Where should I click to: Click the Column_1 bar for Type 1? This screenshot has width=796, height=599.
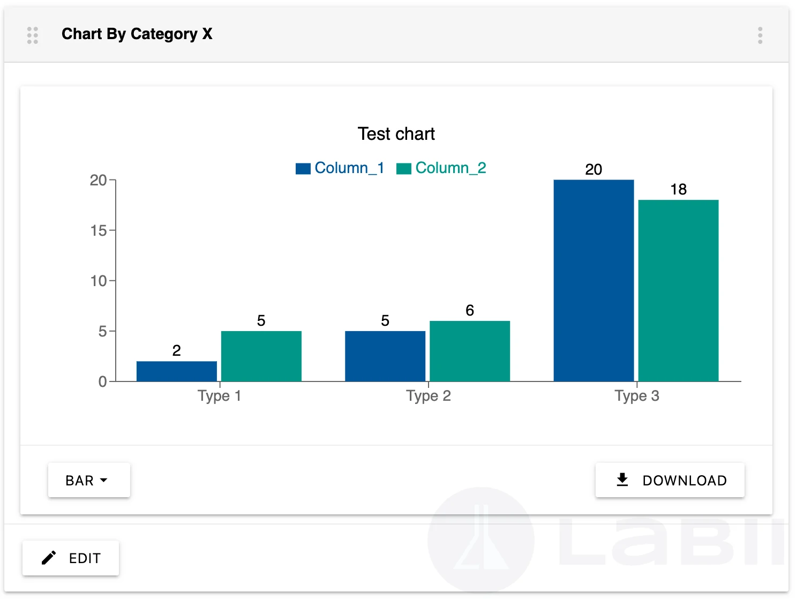pos(176,371)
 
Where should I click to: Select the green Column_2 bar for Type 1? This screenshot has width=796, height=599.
pos(261,356)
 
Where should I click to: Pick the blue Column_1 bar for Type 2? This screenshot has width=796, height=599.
pos(385,356)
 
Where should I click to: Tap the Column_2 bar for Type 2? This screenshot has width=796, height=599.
pos(469,351)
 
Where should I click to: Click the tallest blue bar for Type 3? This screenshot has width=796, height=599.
pos(594,280)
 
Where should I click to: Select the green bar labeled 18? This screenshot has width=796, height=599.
pos(678,290)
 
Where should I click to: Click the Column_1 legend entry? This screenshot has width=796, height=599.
pos(340,168)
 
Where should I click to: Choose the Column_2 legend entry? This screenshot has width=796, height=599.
pos(441,168)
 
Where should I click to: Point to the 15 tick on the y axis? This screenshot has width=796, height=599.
pos(99,230)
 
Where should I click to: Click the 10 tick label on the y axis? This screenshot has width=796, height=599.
pos(99,281)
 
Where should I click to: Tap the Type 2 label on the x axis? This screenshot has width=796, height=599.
pos(428,396)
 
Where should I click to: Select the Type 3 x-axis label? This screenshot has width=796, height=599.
pos(636,396)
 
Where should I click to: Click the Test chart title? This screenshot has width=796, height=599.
pos(396,134)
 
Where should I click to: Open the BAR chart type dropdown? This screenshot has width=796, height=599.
pos(89,480)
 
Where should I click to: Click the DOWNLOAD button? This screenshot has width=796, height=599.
pos(670,480)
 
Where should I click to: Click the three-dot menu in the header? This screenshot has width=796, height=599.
pos(760,35)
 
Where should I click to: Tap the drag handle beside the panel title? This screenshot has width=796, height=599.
pos(33,35)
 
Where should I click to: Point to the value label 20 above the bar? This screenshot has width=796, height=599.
pos(594,169)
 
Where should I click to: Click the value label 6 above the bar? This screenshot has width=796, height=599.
pos(469,310)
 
